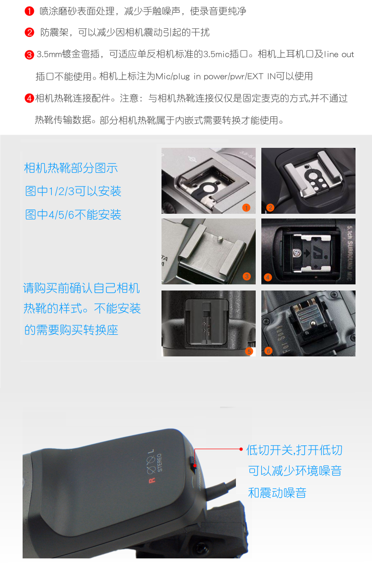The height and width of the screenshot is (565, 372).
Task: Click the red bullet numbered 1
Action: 29,11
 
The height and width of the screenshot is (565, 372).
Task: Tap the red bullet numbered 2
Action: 29,32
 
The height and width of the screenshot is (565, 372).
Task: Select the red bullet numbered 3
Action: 29,55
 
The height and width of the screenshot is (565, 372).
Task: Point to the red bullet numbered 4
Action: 29,98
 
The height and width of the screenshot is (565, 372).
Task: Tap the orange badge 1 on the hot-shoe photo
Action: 246,208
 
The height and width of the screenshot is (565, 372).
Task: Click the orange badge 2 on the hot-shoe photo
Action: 270,208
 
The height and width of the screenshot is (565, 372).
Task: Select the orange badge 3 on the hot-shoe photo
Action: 247,276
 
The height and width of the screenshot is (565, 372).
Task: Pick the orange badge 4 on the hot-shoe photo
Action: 268,278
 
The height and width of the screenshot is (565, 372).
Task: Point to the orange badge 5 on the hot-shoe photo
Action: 249,352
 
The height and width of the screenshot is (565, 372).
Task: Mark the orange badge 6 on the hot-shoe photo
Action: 268,351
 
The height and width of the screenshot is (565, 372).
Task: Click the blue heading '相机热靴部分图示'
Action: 71,168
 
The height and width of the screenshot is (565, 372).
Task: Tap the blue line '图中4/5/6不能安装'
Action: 73,215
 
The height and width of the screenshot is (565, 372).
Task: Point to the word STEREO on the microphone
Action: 160,462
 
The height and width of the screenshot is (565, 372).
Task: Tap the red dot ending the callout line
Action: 241,449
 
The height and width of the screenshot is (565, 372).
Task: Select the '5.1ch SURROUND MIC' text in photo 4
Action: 349,252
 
